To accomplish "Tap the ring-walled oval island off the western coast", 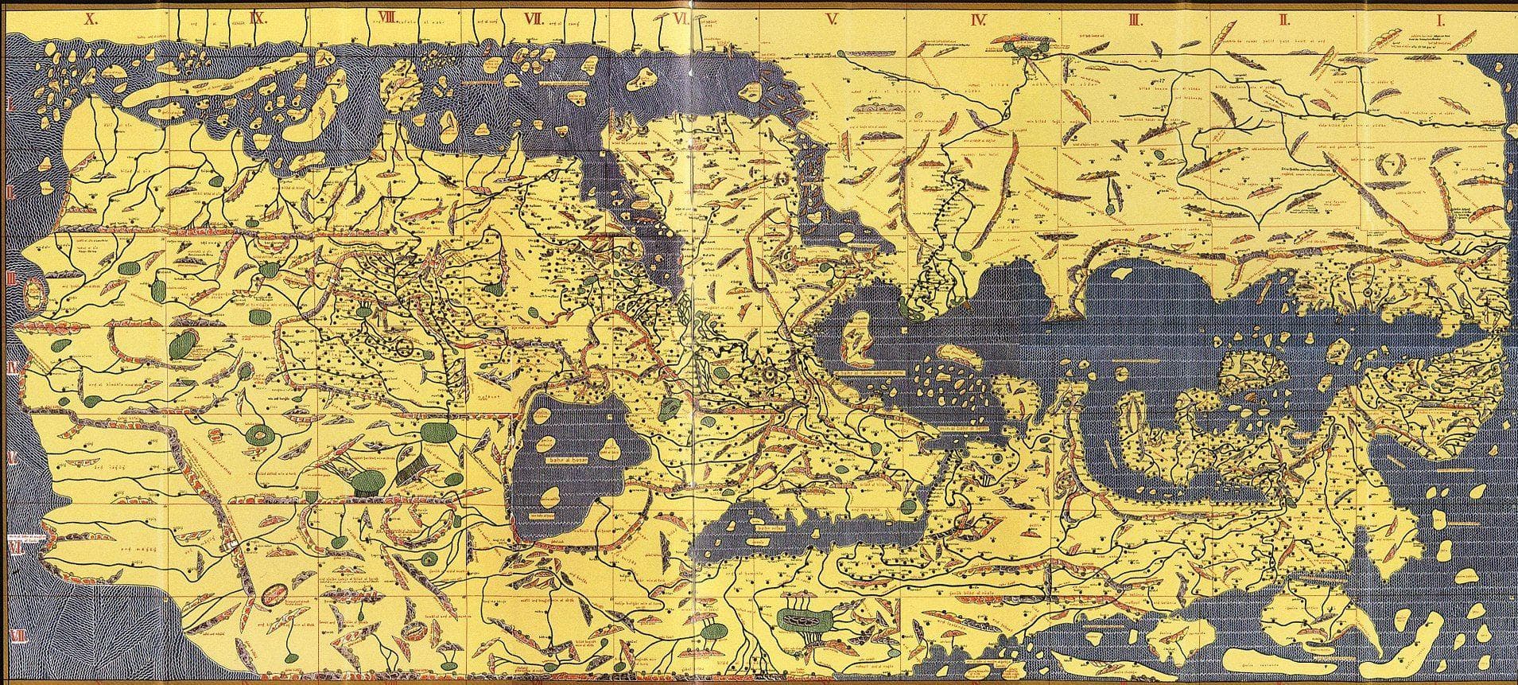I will point(33,294).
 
